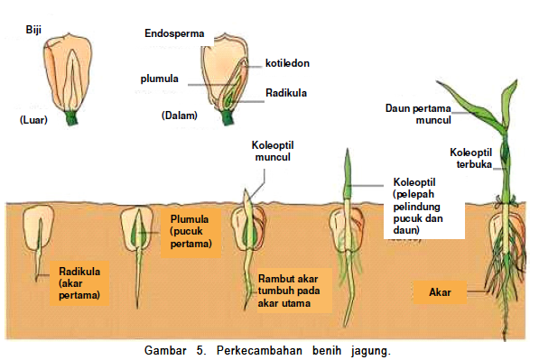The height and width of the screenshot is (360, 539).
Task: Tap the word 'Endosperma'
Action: point(174,34)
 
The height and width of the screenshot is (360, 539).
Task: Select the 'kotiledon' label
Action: point(287,63)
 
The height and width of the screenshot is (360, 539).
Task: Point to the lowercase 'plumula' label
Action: point(158,78)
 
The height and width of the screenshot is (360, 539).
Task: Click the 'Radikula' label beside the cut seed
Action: point(286,92)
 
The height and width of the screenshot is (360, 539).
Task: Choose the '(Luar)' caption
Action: point(33,118)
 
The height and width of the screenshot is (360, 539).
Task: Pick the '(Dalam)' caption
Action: point(179,115)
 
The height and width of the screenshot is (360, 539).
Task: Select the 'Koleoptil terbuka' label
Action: point(471,158)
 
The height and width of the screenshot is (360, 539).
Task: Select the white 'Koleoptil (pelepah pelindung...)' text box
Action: point(426,207)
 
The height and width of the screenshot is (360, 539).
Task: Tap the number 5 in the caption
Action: point(198,349)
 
